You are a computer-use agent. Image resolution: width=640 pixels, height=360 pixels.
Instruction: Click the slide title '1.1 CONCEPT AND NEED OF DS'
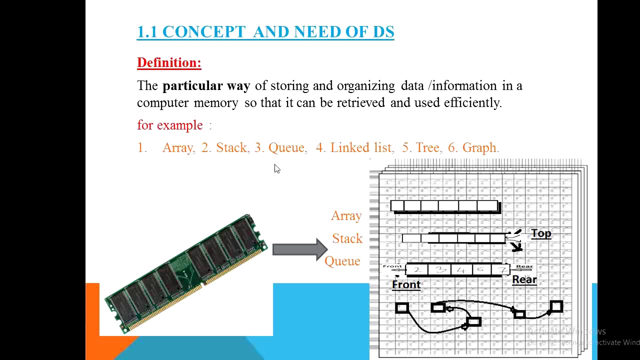click(265, 32)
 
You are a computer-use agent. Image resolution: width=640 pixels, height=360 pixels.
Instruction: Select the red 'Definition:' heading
click(169, 62)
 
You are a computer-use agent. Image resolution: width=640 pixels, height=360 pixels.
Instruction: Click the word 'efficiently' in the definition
click(472, 103)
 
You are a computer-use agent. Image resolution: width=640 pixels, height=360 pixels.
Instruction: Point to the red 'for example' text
click(170, 125)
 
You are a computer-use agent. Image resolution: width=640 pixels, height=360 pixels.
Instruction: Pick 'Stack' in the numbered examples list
click(231, 148)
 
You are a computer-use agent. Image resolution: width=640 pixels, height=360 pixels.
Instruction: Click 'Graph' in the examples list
click(480, 148)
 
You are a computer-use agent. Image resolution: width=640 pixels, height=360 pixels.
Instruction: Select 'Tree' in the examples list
click(427, 148)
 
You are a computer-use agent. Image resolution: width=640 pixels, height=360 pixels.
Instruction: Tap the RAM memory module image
click(186, 273)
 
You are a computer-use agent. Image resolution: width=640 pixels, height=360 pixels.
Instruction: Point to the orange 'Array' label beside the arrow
click(346, 216)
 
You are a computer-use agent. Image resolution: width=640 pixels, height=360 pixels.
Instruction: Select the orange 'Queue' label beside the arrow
click(342, 261)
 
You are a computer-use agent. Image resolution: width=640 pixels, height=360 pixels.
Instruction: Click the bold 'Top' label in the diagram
click(541, 234)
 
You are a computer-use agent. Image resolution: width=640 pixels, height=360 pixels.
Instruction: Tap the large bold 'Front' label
click(406, 285)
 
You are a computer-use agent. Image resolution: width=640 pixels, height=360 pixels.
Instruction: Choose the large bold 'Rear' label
click(524, 280)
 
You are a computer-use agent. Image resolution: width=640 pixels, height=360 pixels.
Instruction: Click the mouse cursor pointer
click(277, 169)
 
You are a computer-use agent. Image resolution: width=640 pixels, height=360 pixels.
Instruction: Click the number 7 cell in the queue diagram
click(500, 270)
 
